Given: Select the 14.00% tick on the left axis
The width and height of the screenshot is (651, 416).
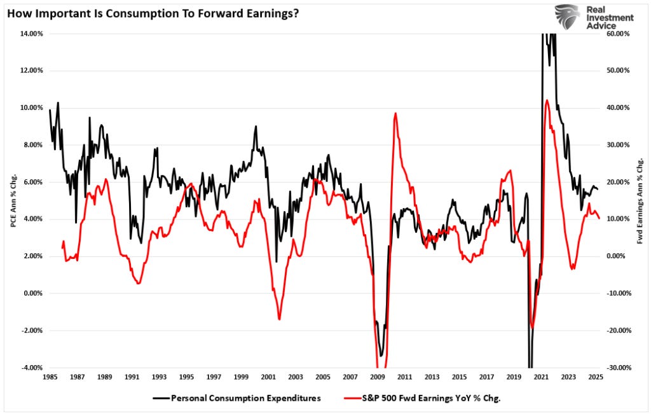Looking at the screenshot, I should coord(29,34).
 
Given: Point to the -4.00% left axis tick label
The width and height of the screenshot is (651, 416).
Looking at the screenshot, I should coord(29,368).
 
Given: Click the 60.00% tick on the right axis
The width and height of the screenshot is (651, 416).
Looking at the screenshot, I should coord(618,34).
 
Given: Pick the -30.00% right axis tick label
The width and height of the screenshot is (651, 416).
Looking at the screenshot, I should coord(618,368).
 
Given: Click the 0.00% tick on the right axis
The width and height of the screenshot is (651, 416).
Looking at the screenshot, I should coord(617,256).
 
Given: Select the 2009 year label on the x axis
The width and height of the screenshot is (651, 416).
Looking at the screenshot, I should coord(378,377).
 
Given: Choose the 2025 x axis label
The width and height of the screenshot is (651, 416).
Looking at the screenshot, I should coord(596,377).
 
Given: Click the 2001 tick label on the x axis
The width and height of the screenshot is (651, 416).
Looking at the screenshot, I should coord(268,377).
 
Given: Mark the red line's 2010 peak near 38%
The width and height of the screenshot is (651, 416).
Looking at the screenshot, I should coord(395,114).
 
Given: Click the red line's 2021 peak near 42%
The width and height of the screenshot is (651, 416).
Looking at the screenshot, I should coord(547,100).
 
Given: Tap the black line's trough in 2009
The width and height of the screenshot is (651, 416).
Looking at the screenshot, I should coord(381,356).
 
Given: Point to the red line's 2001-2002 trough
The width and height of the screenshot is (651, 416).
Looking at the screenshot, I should coord(279,319).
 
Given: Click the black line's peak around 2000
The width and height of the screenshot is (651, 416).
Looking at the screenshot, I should coord(256,126).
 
